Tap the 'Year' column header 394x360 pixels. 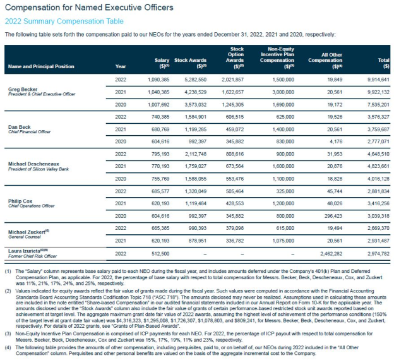(x=121, y=65)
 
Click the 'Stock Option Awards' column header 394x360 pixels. (x=237, y=57)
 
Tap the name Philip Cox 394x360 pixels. (x=20, y=201)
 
